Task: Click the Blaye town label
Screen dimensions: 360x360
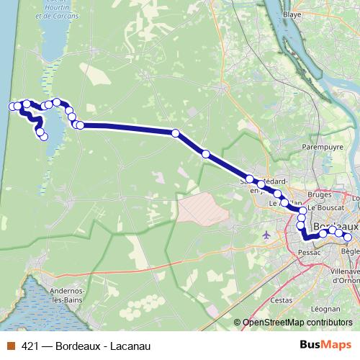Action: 292,14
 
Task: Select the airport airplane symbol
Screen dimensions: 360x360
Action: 268,234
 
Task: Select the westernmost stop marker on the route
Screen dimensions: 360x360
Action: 12,107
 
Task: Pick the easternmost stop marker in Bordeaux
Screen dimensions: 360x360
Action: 348,238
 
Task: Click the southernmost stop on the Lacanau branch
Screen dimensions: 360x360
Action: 45,136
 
